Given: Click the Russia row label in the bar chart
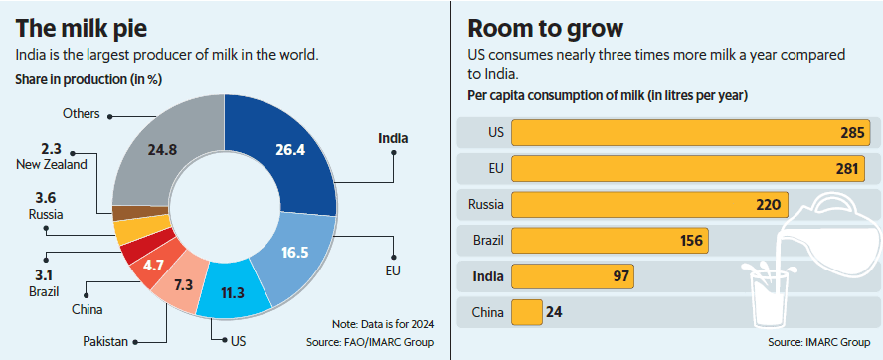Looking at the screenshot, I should tap(485, 205).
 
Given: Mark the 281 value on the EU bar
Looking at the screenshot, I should tap(845, 169).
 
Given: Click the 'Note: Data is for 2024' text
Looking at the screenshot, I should tap(384, 324).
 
